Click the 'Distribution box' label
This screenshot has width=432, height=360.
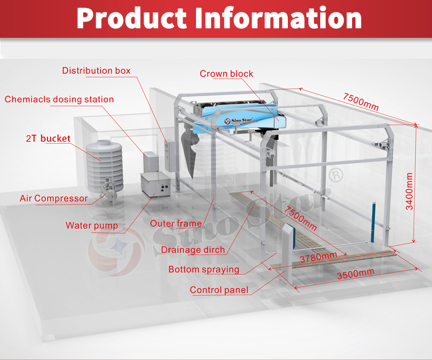[x=96, y=71]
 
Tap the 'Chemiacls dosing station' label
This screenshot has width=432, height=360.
[x=59, y=99]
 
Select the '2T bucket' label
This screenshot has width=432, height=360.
[x=48, y=138]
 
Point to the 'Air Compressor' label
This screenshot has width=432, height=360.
[x=53, y=198]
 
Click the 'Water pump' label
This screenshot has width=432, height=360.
[x=92, y=225]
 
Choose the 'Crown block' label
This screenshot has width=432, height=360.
[x=226, y=74]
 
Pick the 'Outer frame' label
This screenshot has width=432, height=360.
[x=176, y=223]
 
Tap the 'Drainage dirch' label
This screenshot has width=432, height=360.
[x=193, y=250]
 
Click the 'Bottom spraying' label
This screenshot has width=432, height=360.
[x=204, y=269]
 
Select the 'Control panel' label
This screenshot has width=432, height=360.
[x=219, y=290]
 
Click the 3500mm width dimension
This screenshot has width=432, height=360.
[x=355, y=275]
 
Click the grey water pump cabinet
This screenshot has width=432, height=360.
[x=156, y=187]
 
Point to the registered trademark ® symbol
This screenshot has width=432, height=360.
[x=336, y=175]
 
